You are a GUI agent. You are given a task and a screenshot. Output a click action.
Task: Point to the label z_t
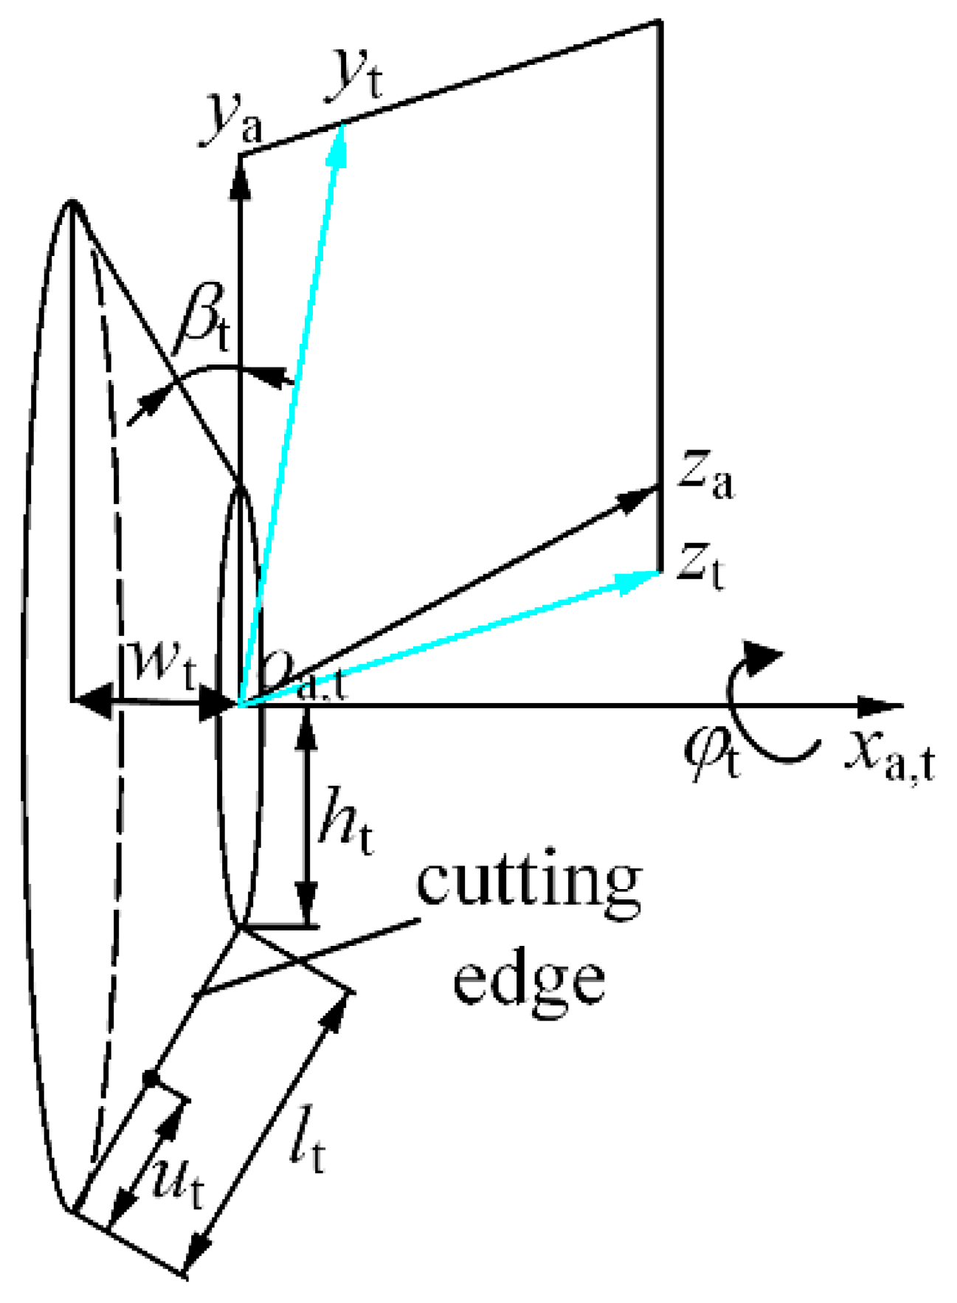click(702, 567)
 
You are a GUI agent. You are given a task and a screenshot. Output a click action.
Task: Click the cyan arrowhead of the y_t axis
click(340, 140)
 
